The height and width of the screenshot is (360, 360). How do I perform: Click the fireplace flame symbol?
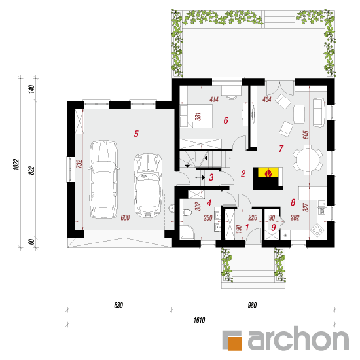coord(268,172)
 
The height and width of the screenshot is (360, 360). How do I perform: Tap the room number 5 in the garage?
coord(136,134)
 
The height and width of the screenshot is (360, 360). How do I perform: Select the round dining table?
coord(308,160)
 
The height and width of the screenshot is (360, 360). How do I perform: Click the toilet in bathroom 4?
coord(187,213)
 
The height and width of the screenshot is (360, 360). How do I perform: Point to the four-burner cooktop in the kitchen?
coord(317,230)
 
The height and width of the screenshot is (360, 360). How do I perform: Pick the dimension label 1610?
coord(199,320)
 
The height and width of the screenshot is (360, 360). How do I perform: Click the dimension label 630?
coord(118,305)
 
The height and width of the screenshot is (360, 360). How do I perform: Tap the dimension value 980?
coord(252,305)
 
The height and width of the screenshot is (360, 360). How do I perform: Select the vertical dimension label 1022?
coord(16,164)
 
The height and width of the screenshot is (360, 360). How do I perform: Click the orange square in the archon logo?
coord(235,344)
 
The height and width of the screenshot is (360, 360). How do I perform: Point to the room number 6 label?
coord(226,120)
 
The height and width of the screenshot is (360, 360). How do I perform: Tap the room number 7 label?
coord(281,149)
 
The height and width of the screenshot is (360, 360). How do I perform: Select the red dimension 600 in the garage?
coord(125,217)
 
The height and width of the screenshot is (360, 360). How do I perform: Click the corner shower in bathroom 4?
coord(187,232)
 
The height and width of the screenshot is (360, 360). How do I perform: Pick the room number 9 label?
coord(274,227)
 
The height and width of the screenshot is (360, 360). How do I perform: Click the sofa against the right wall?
coord(319,113)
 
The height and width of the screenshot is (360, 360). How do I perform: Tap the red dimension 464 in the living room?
coord(267,99)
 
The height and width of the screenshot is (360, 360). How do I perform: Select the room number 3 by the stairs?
coord(211,177)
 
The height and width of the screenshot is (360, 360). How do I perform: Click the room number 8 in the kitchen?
coord(293,202)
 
